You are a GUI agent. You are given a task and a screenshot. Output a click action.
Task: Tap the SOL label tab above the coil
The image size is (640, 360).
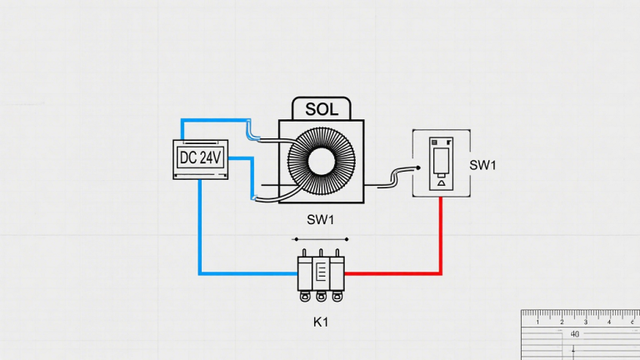(322, 109)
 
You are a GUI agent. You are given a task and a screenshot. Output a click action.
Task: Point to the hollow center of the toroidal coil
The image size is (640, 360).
(322, 161)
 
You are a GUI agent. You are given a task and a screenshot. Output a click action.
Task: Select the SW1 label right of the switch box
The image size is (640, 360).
(482, 164)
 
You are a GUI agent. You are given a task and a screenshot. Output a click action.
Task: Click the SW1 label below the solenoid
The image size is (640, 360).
(320, 219)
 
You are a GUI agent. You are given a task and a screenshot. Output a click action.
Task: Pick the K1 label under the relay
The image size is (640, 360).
(320, 320)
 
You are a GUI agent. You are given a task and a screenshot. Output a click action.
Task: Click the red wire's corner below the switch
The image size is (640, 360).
(441, 272)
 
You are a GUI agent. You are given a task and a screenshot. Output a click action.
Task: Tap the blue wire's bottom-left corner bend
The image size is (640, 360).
(200, 272)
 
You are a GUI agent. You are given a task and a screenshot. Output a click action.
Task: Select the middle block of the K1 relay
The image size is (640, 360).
(321, 272)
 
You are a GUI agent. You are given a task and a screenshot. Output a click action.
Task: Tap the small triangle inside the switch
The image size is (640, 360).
(440, 179)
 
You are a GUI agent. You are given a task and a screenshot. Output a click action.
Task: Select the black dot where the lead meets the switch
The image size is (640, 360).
(417, 167)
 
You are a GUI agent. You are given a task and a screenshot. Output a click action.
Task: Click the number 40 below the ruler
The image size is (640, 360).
(575, 334)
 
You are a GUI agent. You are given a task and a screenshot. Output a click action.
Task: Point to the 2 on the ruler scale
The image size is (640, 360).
(562, 322)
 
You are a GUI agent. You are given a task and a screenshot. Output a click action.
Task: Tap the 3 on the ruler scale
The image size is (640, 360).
(586, 322)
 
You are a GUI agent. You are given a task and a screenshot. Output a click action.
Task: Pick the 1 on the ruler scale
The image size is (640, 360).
(538, 322)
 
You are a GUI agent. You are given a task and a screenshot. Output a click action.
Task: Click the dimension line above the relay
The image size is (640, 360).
(320, 239)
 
